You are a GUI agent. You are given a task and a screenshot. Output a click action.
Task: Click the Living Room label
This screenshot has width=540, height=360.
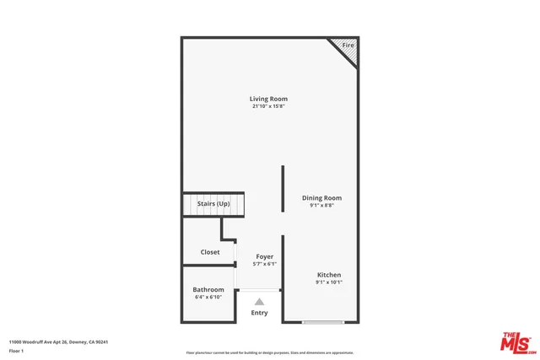click(x=268, y=99)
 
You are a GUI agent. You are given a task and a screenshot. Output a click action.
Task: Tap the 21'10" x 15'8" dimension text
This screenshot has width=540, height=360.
click(x=268, y=106)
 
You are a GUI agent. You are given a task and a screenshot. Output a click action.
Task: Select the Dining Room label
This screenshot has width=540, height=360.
click(x=321, y=198)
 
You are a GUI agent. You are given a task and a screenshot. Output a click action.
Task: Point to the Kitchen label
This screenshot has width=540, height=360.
click(x=328, y=275)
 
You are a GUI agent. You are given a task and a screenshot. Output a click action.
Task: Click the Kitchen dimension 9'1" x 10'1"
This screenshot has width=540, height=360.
click(x=328, y=282)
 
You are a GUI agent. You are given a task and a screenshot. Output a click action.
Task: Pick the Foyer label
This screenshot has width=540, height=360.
click(x=265, y=256)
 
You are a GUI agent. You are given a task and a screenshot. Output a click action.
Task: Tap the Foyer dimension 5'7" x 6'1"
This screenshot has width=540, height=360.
click(x=265, y=264)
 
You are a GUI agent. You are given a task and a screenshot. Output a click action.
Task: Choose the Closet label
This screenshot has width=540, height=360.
click(x=210, y=252)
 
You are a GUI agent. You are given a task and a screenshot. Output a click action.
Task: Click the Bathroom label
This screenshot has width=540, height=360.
click(x=208, y=289)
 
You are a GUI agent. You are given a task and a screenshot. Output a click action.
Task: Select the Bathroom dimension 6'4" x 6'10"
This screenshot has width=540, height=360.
click(x=208, y=297)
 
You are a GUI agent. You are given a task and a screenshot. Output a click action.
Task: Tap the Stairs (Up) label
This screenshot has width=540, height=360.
click(x=213, y=204)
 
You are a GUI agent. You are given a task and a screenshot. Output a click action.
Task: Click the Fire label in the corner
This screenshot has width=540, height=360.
click(x=348, y=44)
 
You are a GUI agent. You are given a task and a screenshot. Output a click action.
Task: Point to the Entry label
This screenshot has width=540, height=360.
click(x=259, y=313)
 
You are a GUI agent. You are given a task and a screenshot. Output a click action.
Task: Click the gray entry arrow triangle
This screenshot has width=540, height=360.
click(x=259, y=301)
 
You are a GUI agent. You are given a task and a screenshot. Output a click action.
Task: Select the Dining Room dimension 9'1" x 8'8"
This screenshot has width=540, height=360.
click(x=321, y=206)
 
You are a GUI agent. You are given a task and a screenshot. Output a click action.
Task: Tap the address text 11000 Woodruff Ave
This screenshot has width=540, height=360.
click(x=58, y=341)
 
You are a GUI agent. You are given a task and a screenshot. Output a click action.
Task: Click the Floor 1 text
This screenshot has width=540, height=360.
click(x=16, y=350)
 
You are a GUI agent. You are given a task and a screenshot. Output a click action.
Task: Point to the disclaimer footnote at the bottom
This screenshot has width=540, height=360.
click(x=270, y=352)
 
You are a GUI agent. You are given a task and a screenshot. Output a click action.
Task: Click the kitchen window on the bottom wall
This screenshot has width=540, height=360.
click(x=323, y=321)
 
